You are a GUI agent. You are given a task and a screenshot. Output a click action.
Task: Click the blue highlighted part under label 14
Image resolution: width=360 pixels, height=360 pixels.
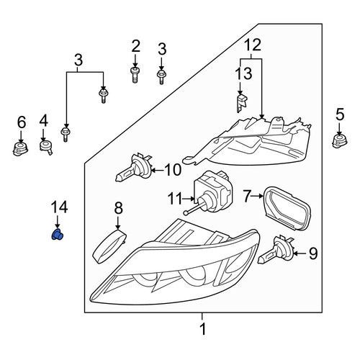[57, 235]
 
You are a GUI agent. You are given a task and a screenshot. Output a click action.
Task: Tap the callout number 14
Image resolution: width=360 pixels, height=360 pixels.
[59, 207]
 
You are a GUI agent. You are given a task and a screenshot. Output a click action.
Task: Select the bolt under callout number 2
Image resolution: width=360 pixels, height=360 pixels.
[135, 75]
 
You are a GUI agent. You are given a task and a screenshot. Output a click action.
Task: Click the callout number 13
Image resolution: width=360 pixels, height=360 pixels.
[243, 73]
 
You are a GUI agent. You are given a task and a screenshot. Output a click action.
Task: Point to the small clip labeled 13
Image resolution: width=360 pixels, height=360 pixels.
[242, 103]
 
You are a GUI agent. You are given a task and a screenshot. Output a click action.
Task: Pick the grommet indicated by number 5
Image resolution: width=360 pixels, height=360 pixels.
[339, 141]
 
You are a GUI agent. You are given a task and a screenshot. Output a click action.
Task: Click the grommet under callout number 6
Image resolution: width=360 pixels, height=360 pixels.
[20, 149]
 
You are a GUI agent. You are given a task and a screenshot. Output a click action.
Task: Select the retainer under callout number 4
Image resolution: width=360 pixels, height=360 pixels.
[45, 147]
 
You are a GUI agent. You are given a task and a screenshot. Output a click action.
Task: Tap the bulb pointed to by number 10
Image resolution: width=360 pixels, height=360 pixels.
[134, 168]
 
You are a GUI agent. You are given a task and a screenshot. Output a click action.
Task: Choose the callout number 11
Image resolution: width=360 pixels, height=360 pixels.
[175, 199]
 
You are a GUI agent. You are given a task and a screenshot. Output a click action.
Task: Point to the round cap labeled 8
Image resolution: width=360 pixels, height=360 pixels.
[109, 246]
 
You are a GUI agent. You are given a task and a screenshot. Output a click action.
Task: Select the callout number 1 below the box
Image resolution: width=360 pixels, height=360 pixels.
[203, 329]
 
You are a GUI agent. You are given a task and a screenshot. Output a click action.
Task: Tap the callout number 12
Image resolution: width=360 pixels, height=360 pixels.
[253, 45]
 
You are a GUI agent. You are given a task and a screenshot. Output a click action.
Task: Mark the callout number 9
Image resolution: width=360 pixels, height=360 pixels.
[313, 253]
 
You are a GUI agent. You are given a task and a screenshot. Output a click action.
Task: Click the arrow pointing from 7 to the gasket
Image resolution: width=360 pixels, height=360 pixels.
[258, 196]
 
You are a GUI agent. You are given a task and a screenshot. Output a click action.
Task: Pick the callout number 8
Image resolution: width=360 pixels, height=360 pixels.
[118, 208]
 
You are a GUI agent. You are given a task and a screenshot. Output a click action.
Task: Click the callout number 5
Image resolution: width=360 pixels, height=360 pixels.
[340, 114]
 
